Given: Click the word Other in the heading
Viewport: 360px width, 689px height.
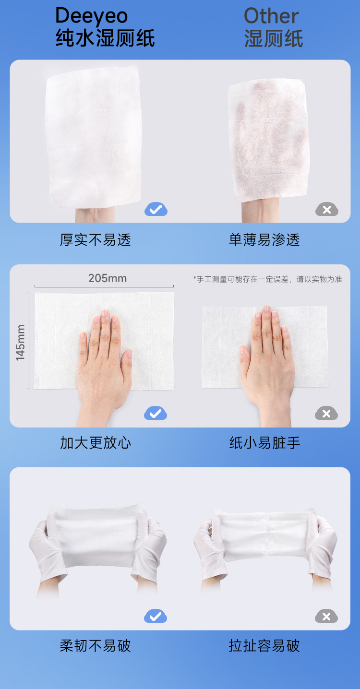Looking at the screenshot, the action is (271, 16).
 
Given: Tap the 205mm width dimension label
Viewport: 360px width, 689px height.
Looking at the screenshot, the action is (108, 278).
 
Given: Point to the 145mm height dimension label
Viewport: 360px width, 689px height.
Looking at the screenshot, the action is (20, 343).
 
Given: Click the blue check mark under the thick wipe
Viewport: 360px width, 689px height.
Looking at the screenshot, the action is (156, 209).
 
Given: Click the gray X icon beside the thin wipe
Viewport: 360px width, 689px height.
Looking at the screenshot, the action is (327, 209).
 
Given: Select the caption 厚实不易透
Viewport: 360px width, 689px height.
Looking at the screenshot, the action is (96, 239).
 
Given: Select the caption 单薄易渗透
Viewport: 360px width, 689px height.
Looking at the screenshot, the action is (264, 239).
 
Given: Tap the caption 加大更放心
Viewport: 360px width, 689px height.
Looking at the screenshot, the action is (96, 443).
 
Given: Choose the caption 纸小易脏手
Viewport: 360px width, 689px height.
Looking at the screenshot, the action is (264, 443).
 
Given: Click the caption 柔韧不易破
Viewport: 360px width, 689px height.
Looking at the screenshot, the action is (96, 646).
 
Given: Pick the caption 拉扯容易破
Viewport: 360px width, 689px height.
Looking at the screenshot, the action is (264, 646).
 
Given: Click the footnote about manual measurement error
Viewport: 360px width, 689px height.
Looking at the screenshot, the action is (268, 279).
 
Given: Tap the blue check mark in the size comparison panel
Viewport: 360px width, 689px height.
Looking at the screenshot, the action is (156, 413).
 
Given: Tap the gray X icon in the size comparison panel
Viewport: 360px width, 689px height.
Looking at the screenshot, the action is (326, 413).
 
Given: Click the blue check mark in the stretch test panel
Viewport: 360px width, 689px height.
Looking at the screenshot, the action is (156, 616).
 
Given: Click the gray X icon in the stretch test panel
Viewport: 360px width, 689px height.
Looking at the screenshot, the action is (326, 616).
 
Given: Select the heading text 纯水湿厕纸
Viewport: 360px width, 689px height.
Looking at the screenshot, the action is (105, 38).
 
